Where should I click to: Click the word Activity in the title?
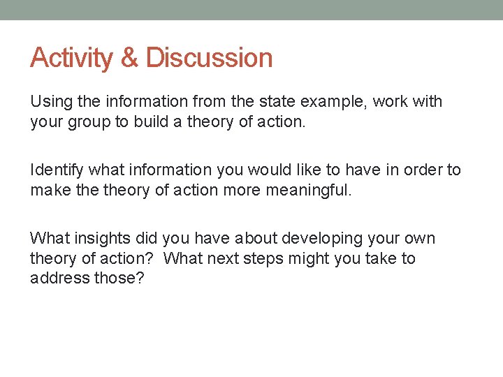click(72, 58)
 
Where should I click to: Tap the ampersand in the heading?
click(130, 58)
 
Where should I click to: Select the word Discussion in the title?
click(210, 58)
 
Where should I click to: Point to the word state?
click(277, 102)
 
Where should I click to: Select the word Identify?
click(57, 170)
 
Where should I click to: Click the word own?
click(419, 239)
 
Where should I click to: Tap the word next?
click(223, 258)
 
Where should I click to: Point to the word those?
click(118, 279)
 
